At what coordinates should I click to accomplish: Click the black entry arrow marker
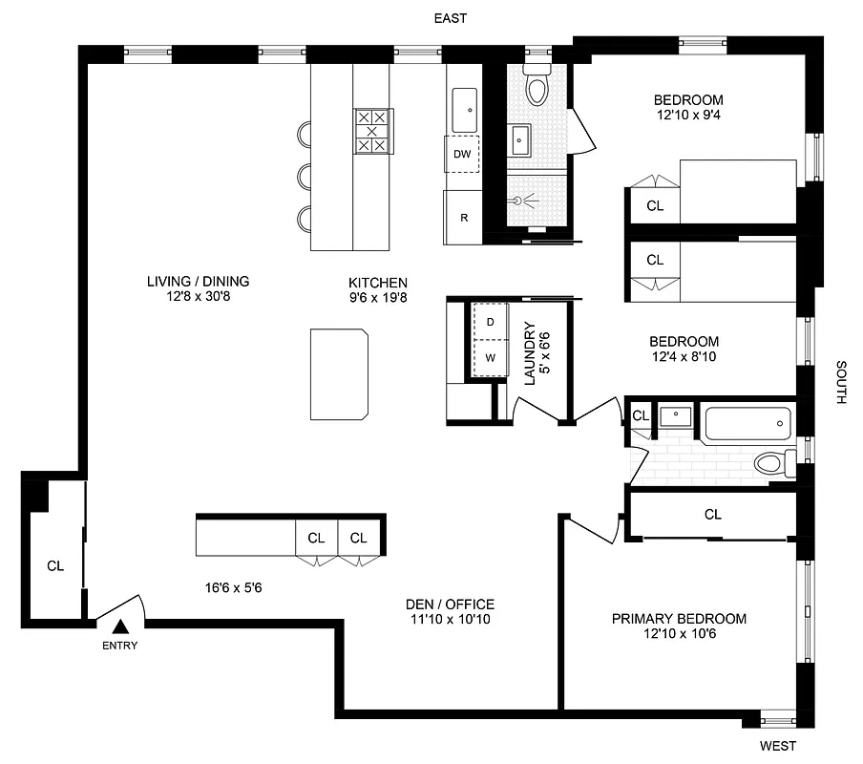[x=120, y=626]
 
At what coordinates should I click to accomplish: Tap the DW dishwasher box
[x=462, y=154]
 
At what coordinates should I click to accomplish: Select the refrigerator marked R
[x=464, y=217]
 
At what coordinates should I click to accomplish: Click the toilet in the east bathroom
[x=537, y=87]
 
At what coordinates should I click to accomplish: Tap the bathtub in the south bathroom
[x=747, y=422]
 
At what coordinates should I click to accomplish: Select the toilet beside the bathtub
[x=773, y=464]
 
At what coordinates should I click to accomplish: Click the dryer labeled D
[x=490, y=322]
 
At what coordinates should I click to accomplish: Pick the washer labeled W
[x=490, y=358]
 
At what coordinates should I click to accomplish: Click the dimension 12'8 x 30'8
[x=198, y=297]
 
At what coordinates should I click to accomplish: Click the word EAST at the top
[x=451, y=18]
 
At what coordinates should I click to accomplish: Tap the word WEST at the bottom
[x=777, y=746]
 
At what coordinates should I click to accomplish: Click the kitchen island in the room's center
[x=339, y=373]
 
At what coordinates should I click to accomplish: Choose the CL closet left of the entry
[x=55, y=565]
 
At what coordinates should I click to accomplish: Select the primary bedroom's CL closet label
[x=712, y=515]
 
